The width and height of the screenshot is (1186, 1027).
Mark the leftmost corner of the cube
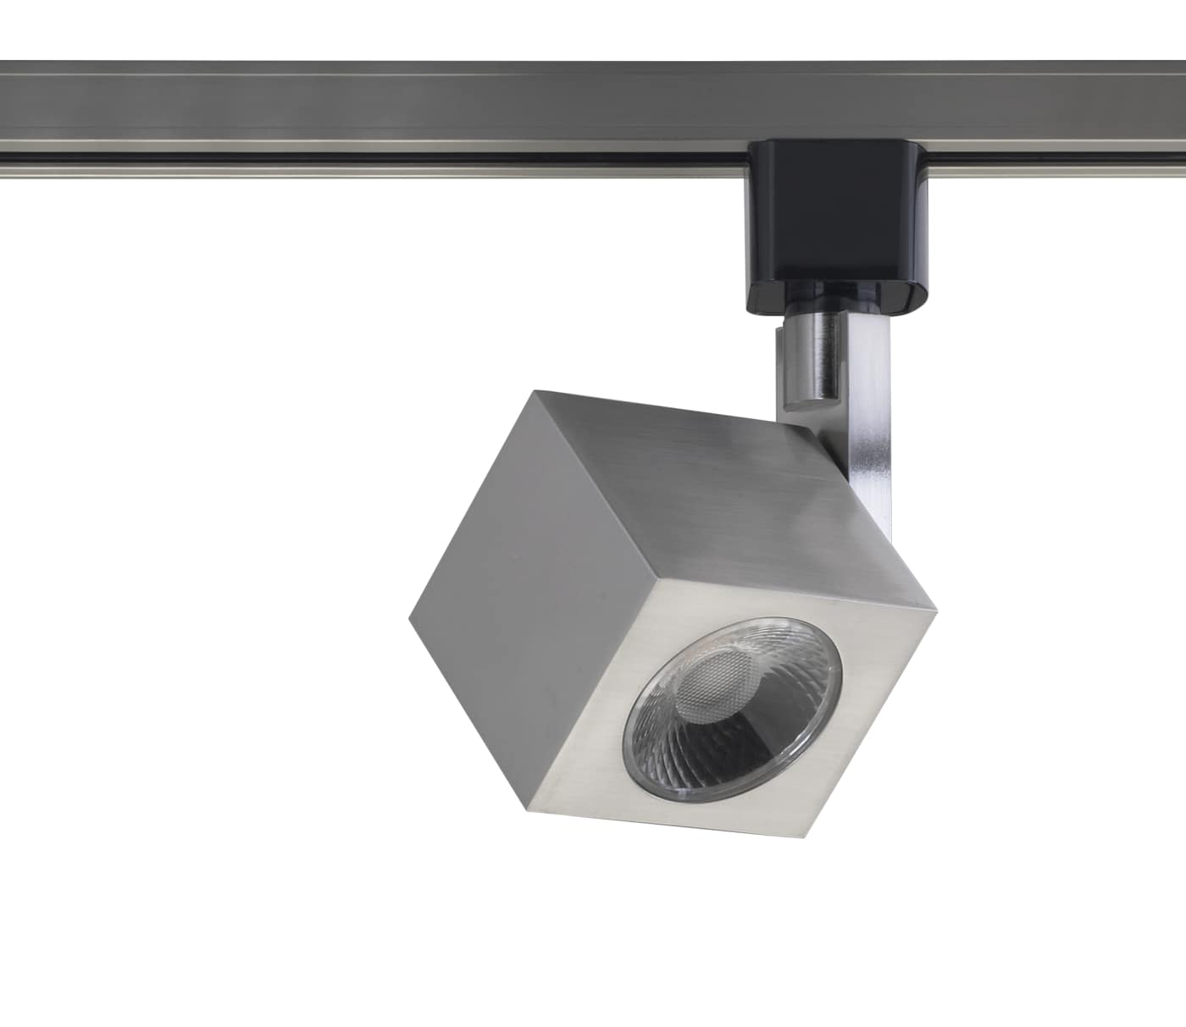click(409, 618)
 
